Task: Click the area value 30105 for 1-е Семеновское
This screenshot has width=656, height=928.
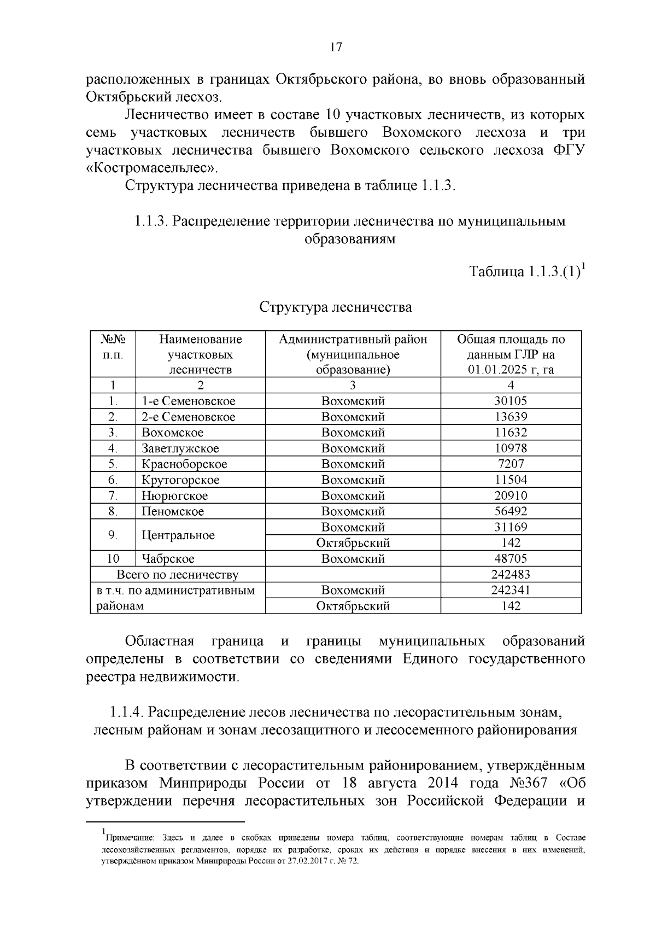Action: (511, 401)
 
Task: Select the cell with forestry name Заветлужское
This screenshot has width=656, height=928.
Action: (180, 448)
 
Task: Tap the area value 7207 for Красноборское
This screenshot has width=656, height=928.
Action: (511, 464)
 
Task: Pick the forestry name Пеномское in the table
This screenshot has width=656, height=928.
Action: (173, 512)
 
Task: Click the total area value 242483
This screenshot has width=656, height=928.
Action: (511, 575)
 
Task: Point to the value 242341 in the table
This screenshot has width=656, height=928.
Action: (511, 591)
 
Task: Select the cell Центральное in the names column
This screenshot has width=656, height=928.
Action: (178, 535)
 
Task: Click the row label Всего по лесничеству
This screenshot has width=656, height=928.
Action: (177, 575)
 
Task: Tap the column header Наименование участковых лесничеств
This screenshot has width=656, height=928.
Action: (200, 354)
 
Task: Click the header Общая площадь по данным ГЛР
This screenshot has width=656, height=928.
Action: (511, 354)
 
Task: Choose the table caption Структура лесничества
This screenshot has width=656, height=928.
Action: (335, 307)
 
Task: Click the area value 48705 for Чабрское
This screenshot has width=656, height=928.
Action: (511, 559)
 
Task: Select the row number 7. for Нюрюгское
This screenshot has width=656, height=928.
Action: (113, 496)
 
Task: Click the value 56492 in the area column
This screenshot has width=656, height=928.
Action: (511, 512)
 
